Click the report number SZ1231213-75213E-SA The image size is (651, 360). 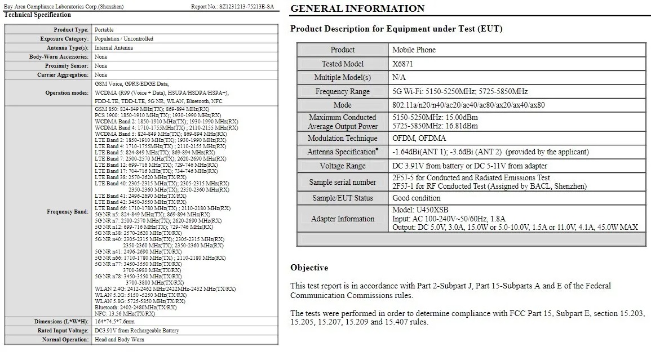(246, 7)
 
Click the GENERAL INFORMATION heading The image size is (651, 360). (357, 8)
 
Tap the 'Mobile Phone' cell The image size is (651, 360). (414, 50)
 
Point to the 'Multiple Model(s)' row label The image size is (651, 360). (343, 78)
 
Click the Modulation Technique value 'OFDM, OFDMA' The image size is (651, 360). (419, 138)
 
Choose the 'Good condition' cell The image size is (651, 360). (417, 198)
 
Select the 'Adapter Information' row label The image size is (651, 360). (343, 219)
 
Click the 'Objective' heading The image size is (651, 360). (309, 267)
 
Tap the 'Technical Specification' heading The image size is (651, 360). (37, 15)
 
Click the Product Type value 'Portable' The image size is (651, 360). (104, 30)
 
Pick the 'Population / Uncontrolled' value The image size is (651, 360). (124, 39)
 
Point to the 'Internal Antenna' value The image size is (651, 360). (114, 48)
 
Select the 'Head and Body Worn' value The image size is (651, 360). (119, 340)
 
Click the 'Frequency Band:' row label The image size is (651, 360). (68, 212)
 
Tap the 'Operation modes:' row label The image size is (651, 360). (67, 93)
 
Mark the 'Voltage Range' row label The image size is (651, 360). (343, 166)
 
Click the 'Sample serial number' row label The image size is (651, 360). (343, 182)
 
